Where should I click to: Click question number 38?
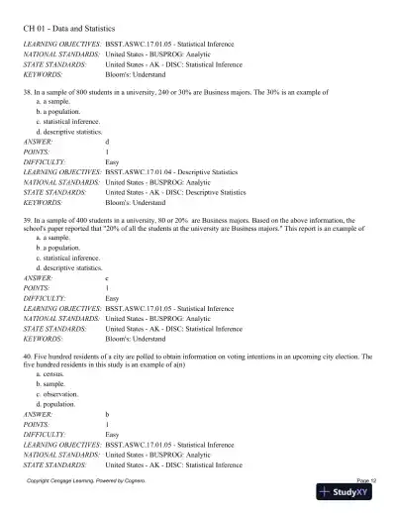point(27,90)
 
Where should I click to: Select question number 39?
point(27,212)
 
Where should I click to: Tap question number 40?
point(27,355)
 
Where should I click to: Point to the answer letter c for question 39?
point(107,278)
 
